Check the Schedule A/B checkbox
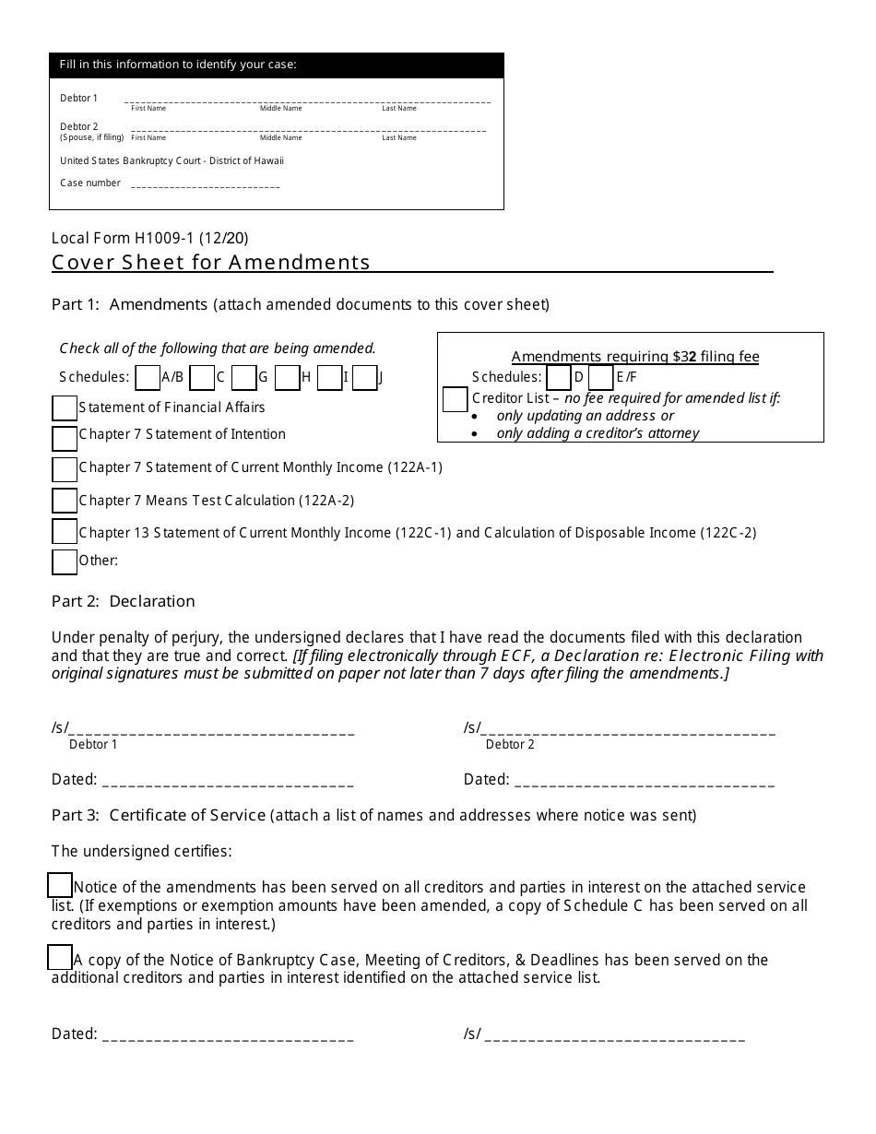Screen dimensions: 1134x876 [148, 378]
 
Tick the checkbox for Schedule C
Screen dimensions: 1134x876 [201, 378]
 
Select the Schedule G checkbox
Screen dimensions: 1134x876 [243, 378]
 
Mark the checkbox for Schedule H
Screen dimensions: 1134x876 [287, 378]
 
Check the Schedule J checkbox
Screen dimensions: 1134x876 [365, 378]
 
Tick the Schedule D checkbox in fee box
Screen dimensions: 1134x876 [559, 378]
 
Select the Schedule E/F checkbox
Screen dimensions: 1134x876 [600, 378]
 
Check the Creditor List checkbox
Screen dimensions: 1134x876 [455, 399]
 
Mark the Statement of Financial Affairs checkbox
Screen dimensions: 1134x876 [65, 408]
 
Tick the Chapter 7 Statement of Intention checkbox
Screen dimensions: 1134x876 [65, 437]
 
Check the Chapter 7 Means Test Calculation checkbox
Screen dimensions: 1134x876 [65, 501]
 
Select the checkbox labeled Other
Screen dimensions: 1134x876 [65, 561]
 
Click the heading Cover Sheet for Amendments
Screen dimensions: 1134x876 [211, 263]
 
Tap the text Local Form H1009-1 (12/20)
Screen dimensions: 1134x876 [149, 238]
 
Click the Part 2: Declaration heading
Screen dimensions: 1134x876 [124, 601]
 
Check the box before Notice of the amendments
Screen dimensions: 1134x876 [60, 885]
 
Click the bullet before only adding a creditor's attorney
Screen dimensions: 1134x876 [474, 433]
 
